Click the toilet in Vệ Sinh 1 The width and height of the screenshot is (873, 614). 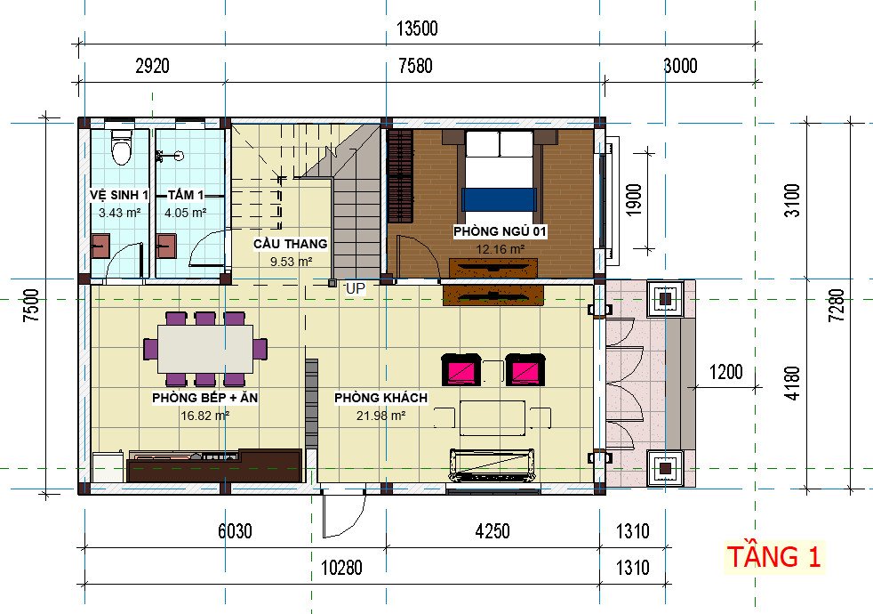[x=121, y=147]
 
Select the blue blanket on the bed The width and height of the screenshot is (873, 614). [x=500, y=199]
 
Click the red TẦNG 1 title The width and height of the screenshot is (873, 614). [x=774, y=557]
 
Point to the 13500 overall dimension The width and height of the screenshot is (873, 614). [x=417, y=28]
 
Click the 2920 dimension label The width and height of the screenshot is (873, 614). [x=153, y=66]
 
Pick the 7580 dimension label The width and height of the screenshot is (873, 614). [x=415, y=66]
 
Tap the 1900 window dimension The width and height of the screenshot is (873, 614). [x=634, y=199]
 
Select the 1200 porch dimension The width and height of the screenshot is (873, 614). [x=726, y=372]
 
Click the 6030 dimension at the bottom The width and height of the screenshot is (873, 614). [x=235, y=531]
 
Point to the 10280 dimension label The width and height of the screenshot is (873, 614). [x=342, y=568]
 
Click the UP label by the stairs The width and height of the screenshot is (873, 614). [x=356, y=288]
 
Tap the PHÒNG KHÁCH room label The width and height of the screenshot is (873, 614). [x=380, y=398]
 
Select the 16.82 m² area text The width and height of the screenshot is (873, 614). [x=204, y=416]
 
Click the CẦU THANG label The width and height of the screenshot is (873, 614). [x=290, y=244]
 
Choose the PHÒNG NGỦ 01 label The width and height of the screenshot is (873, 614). [x=500, y=231]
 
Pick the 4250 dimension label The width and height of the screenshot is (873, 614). [x=493, y=531]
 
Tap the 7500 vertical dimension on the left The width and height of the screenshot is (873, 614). [x=31, y=305]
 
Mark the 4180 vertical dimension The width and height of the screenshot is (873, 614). [x=792, y=383]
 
